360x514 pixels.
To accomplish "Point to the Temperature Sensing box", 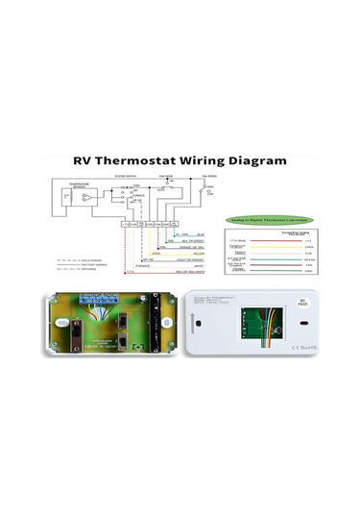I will (x=76, y=198).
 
